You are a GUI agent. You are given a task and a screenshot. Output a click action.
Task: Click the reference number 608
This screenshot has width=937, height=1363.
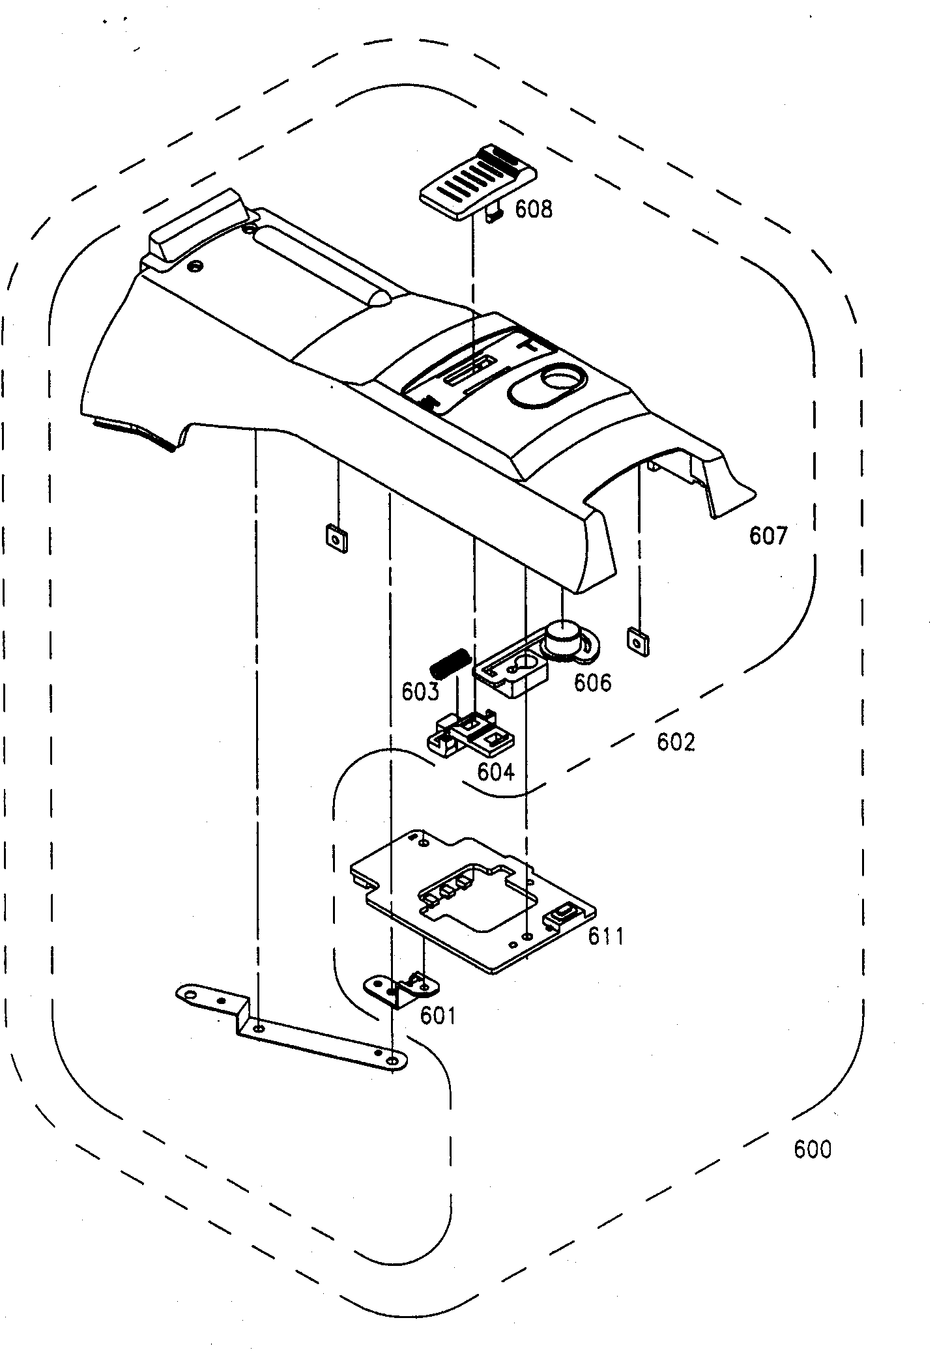(x=534, y=210)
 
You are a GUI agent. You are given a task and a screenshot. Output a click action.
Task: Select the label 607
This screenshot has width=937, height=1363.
(x=768, y=536)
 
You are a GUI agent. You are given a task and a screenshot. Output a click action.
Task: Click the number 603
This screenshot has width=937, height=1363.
(x=420, y=692)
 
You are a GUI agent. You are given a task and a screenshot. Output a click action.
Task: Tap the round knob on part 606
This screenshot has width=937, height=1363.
(x=563, y=635)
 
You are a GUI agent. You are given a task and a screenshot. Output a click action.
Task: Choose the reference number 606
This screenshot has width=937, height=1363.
(x=592, y=682)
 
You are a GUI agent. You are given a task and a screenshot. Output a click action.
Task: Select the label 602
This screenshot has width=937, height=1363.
(x=676, y=742)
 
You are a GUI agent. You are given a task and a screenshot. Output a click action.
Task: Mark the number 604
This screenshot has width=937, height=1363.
(x=496, y=771)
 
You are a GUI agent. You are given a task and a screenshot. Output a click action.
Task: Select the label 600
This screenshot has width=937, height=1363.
(x=813, y=1149)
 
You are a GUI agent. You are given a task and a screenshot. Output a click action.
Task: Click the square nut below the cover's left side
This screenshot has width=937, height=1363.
(x=336, y=539)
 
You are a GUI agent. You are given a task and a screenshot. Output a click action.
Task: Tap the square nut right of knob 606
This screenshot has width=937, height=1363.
(x=637, y=641)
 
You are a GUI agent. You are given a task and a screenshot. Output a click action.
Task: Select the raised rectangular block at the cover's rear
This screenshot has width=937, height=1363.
(x=195, y=229)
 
